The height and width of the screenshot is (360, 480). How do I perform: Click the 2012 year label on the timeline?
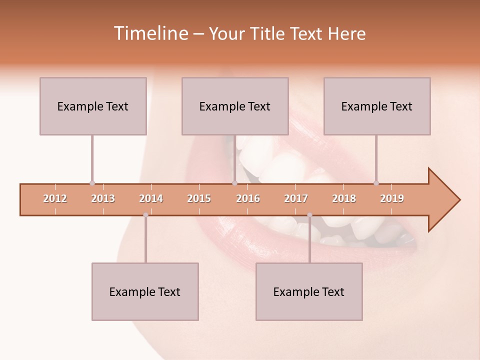tap(55, 198)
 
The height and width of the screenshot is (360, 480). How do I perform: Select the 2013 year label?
tap(103, 198)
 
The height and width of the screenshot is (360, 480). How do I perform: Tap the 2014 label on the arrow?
tap(151, 198)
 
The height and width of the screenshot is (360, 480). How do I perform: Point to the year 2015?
tap(199, 198)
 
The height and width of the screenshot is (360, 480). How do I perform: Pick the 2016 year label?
tap(248, 198)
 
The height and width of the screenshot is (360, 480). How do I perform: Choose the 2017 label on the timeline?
tap(296, 198)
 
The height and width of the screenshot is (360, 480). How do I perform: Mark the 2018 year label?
tap(344, 198)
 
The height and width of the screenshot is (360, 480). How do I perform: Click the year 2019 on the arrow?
tap(392, 198)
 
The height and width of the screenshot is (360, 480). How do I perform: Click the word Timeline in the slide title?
tap(150, 33)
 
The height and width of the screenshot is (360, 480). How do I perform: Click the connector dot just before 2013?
tap(92, 183)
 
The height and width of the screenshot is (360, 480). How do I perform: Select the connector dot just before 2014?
tap(145, 215)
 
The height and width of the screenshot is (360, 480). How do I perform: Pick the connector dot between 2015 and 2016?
tap(234, 183)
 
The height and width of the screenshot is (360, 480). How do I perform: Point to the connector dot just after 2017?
tap(309, 215)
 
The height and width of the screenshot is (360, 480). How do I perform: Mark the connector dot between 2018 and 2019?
tap(376, 183)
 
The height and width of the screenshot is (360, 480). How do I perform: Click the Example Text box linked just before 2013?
tap(93, 106)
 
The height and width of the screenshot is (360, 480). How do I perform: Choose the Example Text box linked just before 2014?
tap(145, 291)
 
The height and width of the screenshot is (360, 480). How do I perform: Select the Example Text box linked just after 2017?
tap(309, 291)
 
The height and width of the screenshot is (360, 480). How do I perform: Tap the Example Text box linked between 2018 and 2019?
tap(377, 106)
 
